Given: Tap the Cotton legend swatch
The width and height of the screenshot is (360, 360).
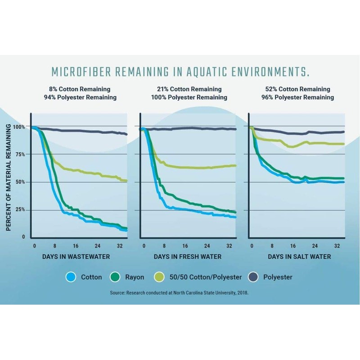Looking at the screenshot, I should pyautogui.click(x=70, y=277).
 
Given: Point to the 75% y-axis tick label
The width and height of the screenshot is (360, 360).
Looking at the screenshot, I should pyautogui.click(x=20, y=154).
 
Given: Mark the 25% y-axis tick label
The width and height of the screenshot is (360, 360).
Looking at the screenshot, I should pyautogui.click(x=20, y=210).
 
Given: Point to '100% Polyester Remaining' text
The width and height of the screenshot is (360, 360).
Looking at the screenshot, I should pyautogui.click(x=189, y=97).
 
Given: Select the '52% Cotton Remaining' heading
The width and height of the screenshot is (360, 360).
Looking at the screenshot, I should pyautogui.click(x=299, y=89).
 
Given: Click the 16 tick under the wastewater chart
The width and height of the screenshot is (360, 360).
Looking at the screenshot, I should pyautogui.click(x=76, y=246).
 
